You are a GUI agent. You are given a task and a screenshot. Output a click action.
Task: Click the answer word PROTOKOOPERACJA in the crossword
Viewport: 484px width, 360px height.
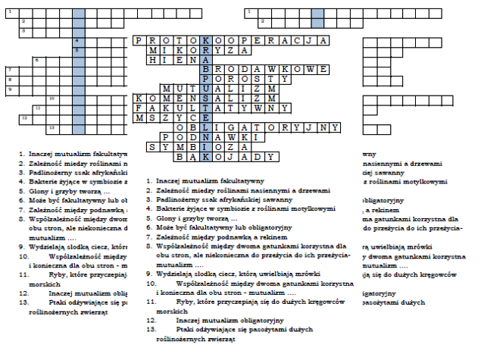(230, 39)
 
